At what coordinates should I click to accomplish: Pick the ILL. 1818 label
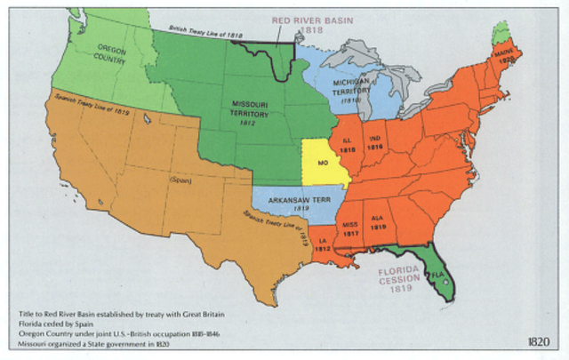[x=347, y=147]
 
